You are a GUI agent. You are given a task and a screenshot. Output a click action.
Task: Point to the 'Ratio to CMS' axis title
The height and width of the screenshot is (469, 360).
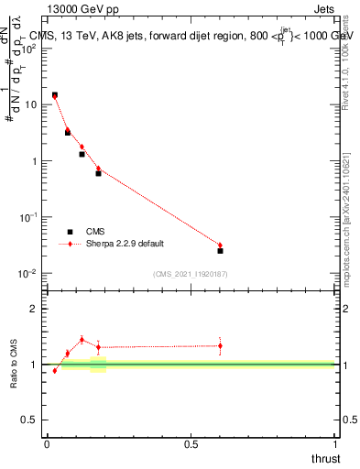14,364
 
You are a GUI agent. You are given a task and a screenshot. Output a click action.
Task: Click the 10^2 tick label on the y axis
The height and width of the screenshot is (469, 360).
30,48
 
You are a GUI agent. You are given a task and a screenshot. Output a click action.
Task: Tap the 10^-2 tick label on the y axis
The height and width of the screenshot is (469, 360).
30,274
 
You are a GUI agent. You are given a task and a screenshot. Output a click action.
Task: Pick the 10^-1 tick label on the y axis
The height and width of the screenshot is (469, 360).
30,217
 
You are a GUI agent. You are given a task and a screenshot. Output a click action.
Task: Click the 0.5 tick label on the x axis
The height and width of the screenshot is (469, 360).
191,444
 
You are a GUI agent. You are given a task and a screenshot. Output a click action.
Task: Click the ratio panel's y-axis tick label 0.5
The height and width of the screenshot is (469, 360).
30,420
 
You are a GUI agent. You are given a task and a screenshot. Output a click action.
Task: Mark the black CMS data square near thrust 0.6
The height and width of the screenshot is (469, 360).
220,250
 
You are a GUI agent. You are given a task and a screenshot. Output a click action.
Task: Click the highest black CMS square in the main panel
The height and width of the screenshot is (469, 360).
54,94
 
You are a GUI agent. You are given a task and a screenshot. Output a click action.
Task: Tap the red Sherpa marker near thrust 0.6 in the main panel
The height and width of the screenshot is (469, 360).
220,245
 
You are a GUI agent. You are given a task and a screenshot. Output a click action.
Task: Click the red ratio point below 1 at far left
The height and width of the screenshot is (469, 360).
54,370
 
